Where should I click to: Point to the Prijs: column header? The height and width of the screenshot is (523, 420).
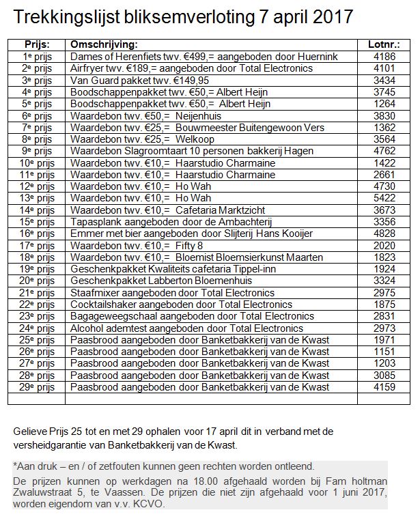pyautogui.click(x=36, y=44)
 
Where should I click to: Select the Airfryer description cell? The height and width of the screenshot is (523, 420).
pyautogui.click(x=191, y=68)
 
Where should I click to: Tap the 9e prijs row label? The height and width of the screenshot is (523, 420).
pyautogui.click(x=37, y=150)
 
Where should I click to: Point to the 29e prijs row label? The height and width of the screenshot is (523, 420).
pyautogui.click(x=37, y=386)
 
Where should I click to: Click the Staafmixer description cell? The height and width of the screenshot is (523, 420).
pyautogui.click(x=173, y=292)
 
